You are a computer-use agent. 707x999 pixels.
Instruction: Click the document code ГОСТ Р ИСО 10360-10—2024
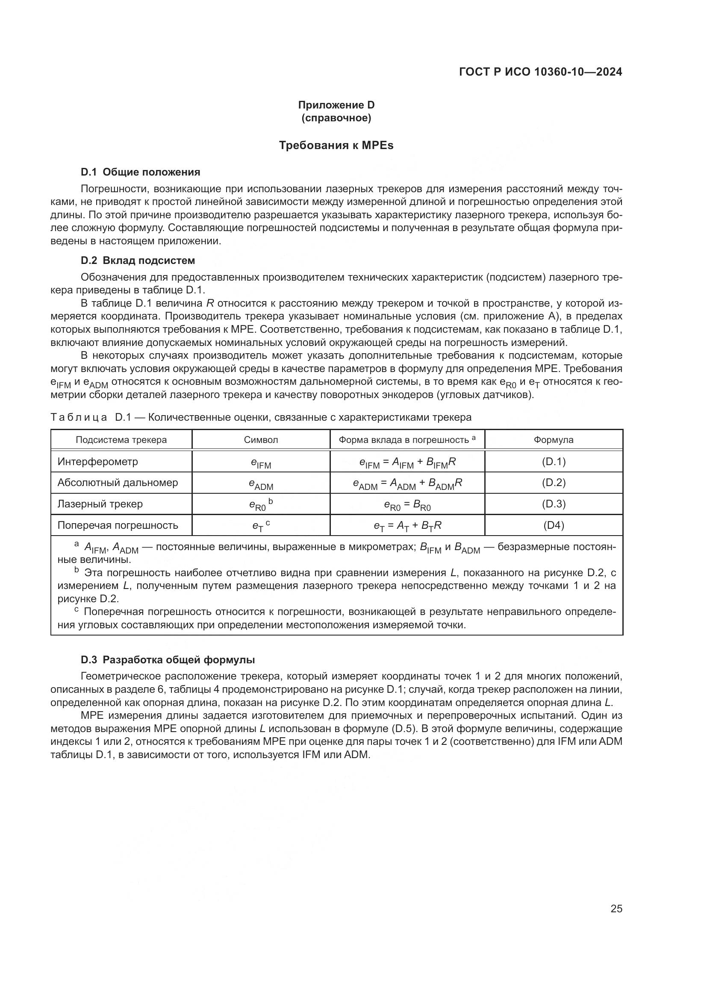(x=540, y=72)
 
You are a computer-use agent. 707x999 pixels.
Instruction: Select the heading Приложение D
(x=336, y=105)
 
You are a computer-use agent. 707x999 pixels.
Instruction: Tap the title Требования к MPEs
(x=336, y=145)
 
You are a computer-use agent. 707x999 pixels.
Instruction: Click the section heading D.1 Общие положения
(x=140, y=172)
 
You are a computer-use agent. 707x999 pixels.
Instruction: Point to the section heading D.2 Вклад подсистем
(x=138, y=261)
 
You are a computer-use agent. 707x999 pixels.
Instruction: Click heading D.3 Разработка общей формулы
(x=168, y=659)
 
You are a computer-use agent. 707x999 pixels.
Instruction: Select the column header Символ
(x=261, y=440)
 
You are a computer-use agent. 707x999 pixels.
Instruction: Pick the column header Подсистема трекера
(x=121, y=440)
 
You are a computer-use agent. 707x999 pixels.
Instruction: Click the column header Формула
(x=553, y=440)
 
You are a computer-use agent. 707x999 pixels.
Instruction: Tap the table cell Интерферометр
(x=97, y=462)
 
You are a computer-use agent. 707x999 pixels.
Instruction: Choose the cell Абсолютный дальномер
(x=118, y=483)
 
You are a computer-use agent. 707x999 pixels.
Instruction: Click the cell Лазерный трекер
(x=100, y=504)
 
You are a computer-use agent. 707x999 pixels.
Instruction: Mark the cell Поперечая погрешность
(x=118, y=525)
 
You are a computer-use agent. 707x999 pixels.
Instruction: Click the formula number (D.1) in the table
(x=553, y=462)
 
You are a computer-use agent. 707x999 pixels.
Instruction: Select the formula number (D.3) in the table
(x=553, y=504)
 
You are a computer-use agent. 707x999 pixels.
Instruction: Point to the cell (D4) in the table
(x=553, y=525)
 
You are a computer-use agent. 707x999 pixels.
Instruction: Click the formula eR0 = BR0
(x=407, y=505)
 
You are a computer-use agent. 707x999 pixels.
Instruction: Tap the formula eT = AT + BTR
(x=407, y=526)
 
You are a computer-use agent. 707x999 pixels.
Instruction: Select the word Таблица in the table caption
(x=79, y=417)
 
